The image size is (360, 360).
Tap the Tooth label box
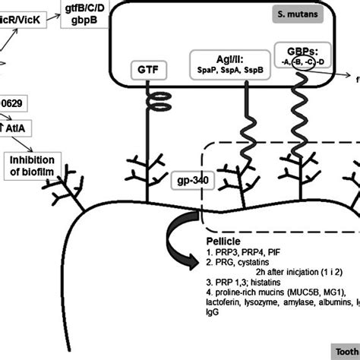point(346,351)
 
